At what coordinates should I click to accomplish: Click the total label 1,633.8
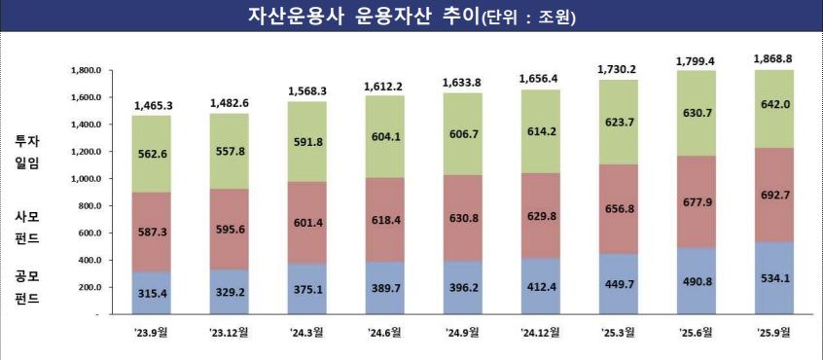tap(463, 82)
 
